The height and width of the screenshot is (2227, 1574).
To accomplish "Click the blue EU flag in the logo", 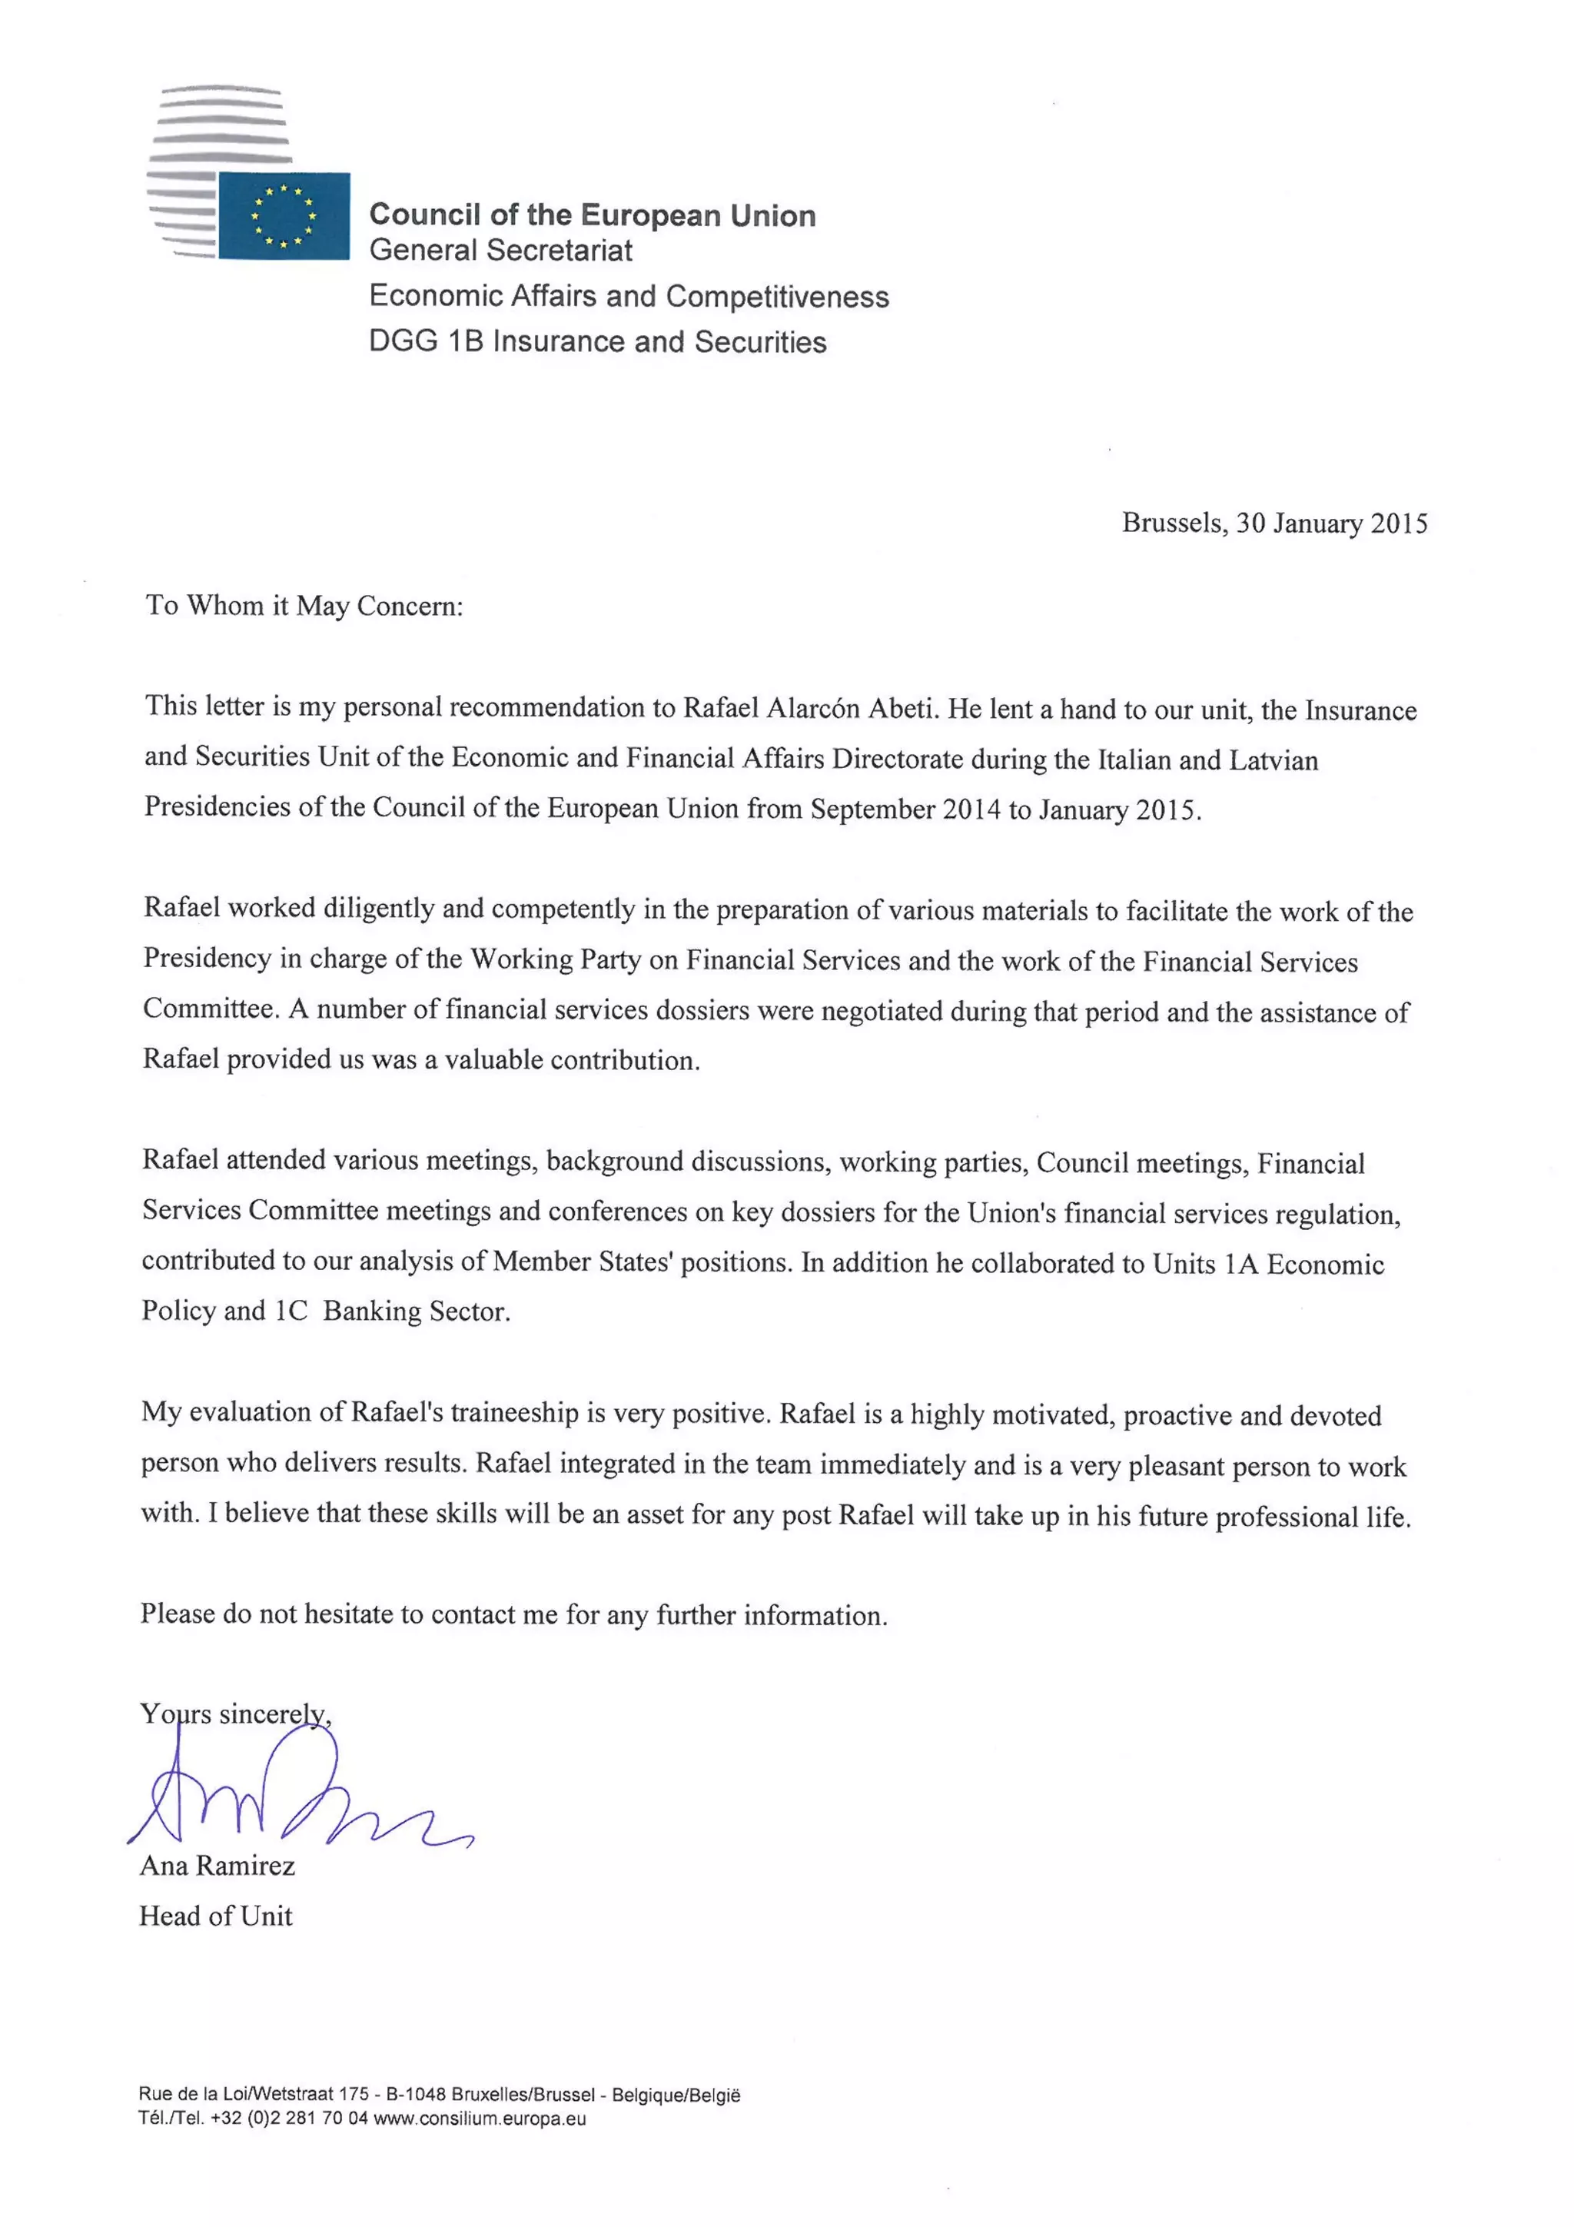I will (283, 215).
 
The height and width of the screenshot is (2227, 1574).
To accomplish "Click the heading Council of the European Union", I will (592, 214).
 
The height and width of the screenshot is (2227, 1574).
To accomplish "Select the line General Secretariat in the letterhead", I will (500, 251).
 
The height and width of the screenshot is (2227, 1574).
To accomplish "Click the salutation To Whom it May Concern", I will (304, 607).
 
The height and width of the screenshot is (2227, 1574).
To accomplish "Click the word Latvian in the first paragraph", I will (1273, 760).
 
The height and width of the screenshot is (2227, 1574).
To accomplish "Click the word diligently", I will (379, 908).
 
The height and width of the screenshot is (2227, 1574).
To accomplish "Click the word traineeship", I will (514, 1412).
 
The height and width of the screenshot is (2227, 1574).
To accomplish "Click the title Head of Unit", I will (215, 1916).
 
